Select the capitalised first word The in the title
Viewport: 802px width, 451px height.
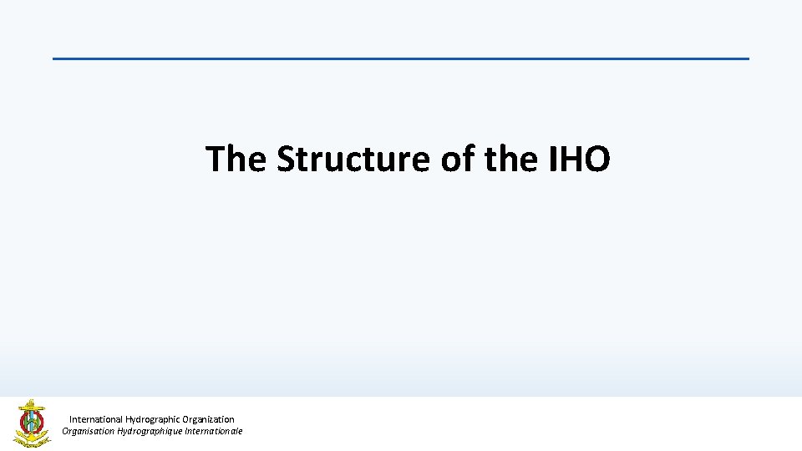pos(236,159)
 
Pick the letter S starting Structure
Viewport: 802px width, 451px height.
pos(287,159)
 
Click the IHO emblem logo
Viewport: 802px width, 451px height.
pos(32,423)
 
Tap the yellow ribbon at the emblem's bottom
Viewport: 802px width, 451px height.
pos(30,439)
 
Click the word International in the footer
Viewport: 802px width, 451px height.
pos(95,419)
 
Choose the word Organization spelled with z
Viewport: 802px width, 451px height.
pos(209,419)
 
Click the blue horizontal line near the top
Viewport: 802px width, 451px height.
pos(401,58)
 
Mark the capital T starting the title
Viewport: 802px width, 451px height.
pos(216,159)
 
